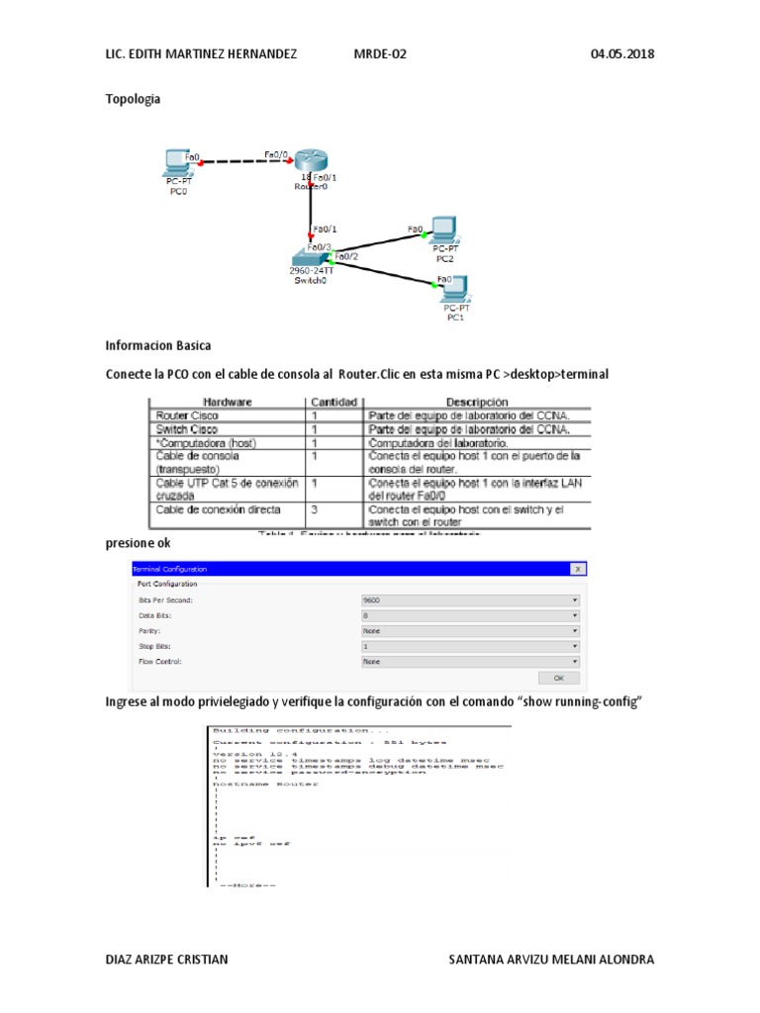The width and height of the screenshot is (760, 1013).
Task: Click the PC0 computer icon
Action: (178, 162)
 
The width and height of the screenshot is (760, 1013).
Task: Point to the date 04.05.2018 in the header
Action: (622, 53)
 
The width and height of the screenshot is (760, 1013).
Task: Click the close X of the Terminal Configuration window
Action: (578, 569)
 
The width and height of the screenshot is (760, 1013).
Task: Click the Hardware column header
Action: (228, 403)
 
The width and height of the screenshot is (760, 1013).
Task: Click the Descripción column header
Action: (477, 403)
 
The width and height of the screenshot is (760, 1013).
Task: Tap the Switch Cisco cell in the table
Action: (187, 429)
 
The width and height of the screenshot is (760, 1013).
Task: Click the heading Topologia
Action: (133, 99)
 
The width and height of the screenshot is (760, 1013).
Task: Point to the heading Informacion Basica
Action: (158, 346)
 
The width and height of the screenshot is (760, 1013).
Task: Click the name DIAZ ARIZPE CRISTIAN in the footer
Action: (166, 960)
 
